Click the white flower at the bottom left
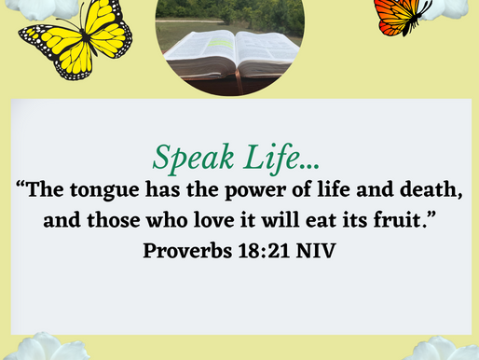coord(42,347)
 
